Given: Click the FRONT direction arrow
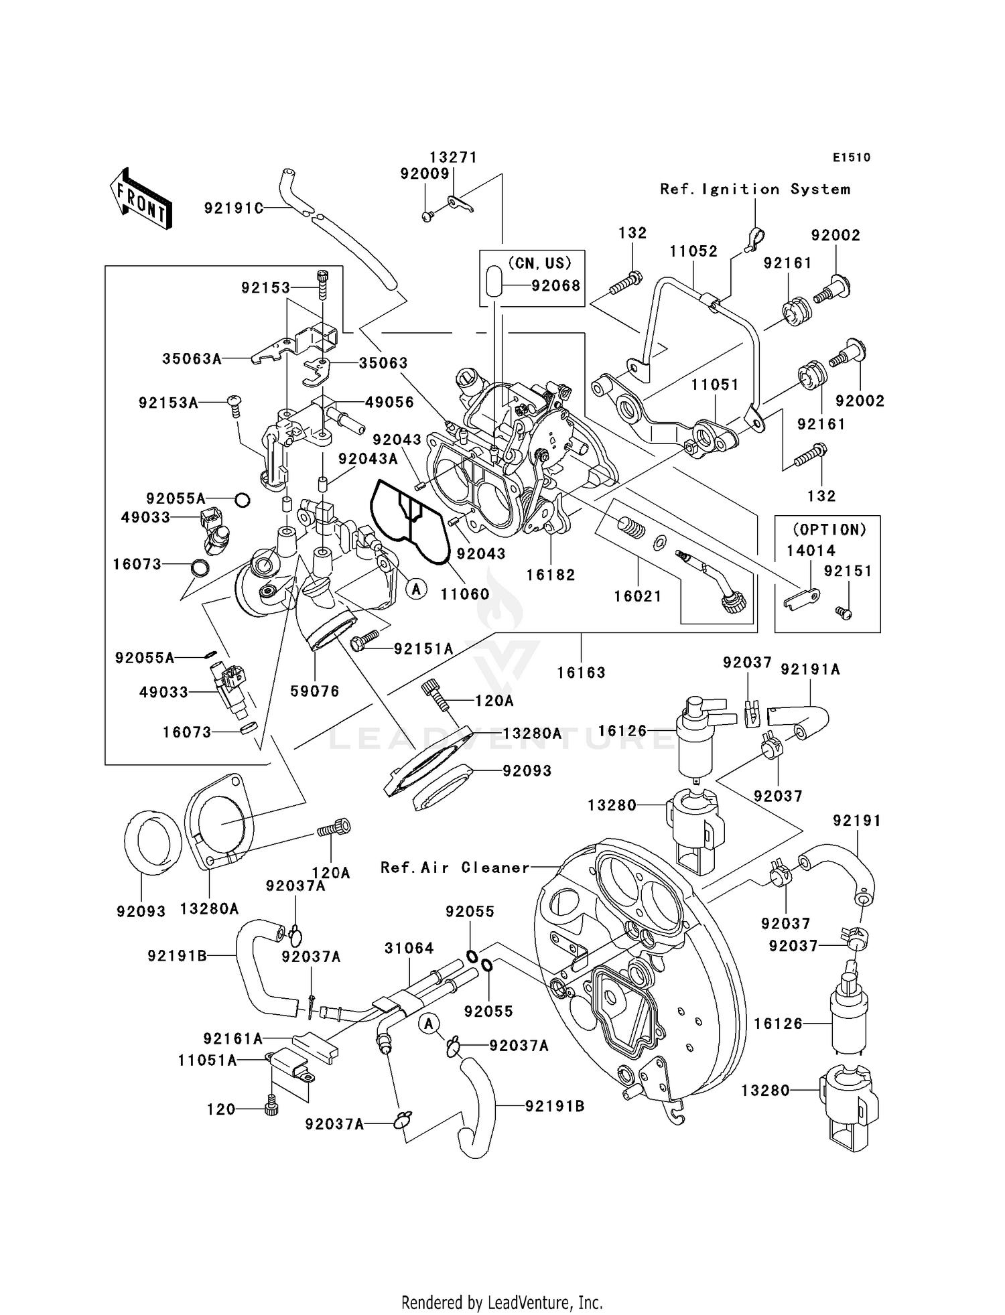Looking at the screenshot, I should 141,199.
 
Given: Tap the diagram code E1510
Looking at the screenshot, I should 851,157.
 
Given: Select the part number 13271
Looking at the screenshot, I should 453,157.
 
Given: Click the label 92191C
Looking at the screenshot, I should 233,208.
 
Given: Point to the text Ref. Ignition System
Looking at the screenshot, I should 755,190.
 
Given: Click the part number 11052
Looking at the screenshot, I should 693,251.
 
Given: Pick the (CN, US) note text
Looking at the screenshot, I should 539,263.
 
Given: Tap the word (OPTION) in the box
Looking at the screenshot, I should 829,529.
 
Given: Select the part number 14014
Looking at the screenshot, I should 811,551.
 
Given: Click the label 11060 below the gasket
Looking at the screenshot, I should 465,594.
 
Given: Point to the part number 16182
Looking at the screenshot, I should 551,575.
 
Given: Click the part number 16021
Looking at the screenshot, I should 638,596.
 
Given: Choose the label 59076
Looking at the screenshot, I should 315,691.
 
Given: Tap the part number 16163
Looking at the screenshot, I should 581,673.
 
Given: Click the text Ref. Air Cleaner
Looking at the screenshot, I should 455,868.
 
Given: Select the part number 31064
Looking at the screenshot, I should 409,948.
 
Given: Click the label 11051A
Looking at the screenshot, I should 207,1060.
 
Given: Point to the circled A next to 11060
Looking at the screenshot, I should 416,589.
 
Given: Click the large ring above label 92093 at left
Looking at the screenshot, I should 153,842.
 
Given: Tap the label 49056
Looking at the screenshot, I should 389,402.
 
